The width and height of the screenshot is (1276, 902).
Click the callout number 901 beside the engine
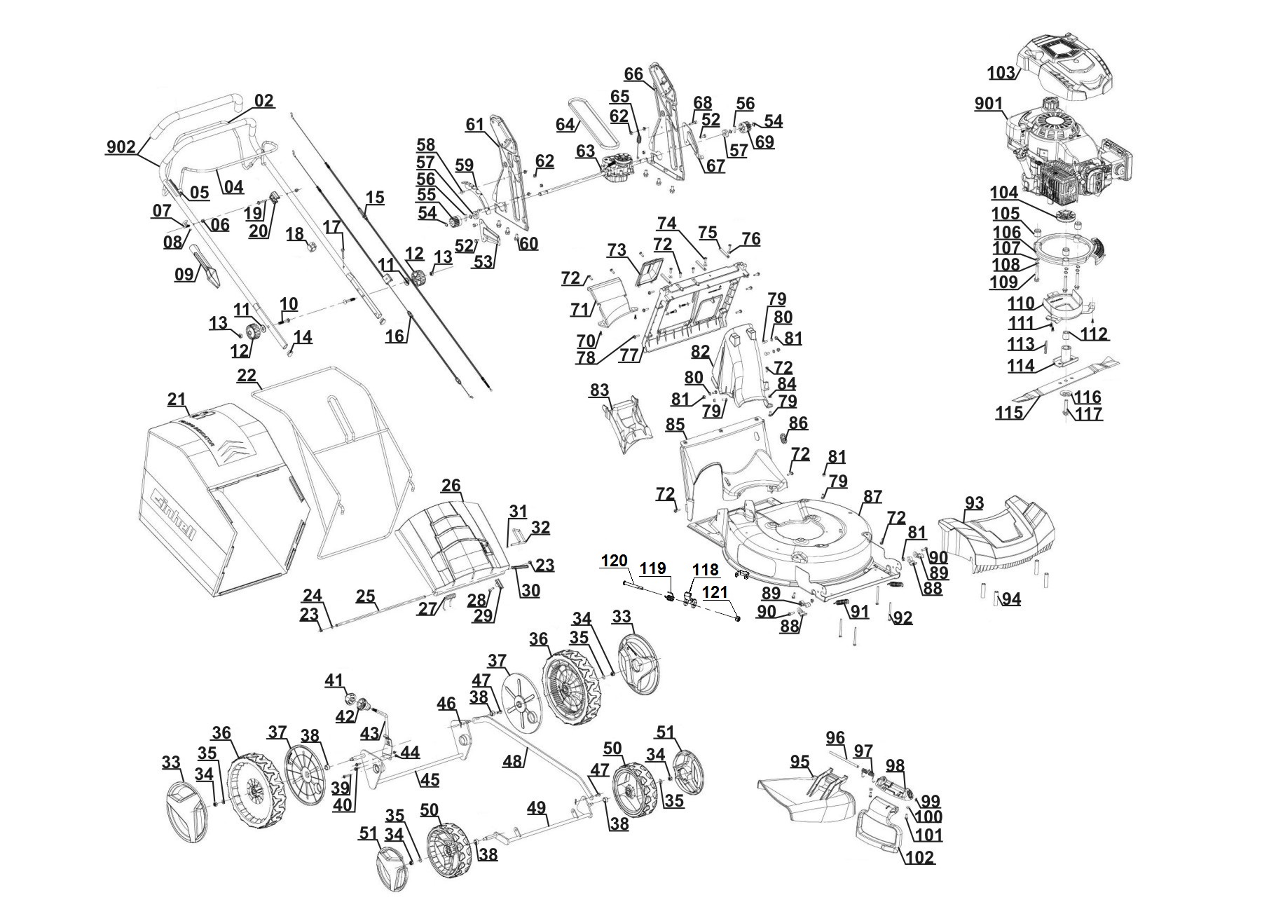point(989,104)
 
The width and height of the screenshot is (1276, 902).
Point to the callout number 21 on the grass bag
point(177,399)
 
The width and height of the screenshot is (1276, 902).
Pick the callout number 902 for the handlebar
point(121,146)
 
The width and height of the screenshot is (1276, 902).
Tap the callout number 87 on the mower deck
point(872,496)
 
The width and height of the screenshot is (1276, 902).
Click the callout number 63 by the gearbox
point(585,151)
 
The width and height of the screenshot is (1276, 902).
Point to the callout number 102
point(919,857)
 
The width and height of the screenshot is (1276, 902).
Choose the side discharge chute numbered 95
point(806,795)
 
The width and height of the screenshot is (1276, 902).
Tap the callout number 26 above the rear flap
point(451,485)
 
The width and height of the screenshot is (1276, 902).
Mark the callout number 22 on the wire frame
point(247,375)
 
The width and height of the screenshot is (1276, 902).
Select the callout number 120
point(615,561)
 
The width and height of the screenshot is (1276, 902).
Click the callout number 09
point(184,274)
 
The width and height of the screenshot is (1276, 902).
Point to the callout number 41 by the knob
point(334,679)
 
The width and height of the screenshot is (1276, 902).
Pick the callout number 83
point(599,390)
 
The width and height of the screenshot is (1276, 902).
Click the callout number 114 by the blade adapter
point(1021,365)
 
